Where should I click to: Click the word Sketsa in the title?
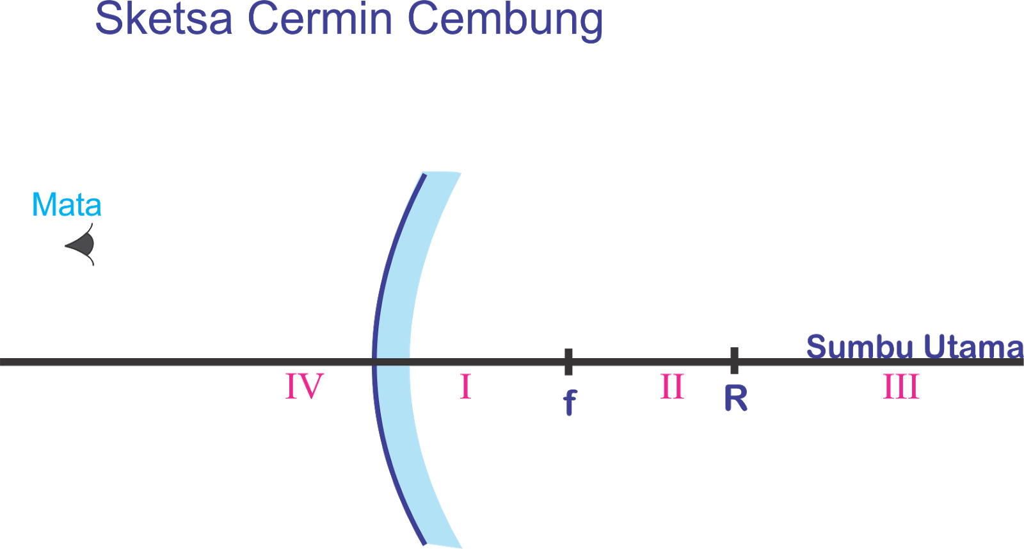point(164,19)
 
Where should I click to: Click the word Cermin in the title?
point(319,19)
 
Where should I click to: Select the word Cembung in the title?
point(505,20)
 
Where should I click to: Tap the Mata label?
point(67,205)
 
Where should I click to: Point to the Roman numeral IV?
point(304,386)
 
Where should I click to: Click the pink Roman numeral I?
point(465,387)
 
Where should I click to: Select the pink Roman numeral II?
point(672,387)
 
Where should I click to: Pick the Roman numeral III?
point(901,387)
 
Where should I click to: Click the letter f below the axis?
point(570,402)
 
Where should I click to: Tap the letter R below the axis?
point(735,398)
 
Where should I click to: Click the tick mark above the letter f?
point(568,361)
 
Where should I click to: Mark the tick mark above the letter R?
point(734,361)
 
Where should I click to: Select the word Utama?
point(973,347)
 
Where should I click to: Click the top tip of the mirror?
point(442,173)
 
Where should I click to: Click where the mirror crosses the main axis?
point(392,362)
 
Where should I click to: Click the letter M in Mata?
point(43,205)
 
